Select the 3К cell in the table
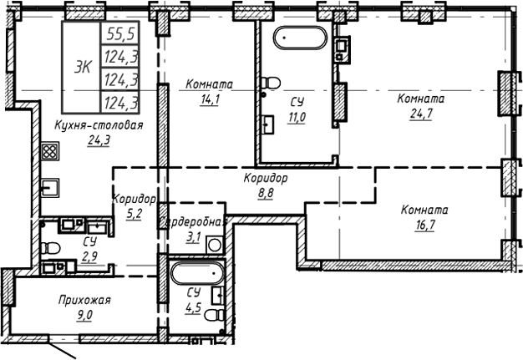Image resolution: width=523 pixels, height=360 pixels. [83, 68]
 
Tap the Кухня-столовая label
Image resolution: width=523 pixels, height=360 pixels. [99, 124]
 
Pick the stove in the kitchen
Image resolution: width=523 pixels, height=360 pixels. [49, 153]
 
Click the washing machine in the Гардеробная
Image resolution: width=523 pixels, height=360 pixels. [214, 246]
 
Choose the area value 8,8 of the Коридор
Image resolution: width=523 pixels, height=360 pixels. [266, 193]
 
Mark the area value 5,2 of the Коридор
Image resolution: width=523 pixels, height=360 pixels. [133, 214]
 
